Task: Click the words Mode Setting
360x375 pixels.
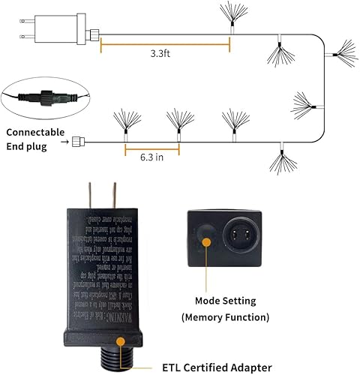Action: coord(226,301)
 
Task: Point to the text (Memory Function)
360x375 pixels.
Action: coord(226,317)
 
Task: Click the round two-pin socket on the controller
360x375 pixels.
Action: coord(242,238)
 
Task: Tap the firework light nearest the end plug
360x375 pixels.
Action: coord(123,124)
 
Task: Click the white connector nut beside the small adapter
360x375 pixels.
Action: coord(94,33)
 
